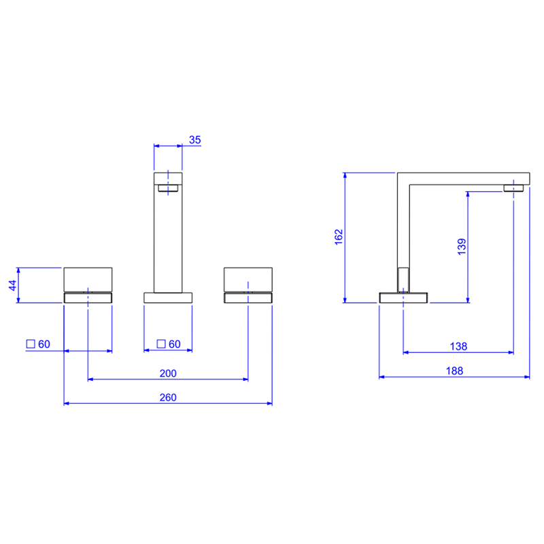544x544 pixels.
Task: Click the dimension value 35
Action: (x=194, y=140)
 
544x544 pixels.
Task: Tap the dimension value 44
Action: (x=12, y=286)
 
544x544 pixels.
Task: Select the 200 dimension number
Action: (x=168, y=373)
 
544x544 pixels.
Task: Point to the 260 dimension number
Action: (x=168, y=397)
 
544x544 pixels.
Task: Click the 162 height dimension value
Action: (x=339, y=237)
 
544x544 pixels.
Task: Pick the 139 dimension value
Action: (x=462, y=247)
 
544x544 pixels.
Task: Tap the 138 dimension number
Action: (x=458, y=346)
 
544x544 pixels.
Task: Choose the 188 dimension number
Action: (x=454, y=371)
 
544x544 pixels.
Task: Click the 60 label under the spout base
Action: (x=175, y=344)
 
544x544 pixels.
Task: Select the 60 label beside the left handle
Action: (x=44, y=344)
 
